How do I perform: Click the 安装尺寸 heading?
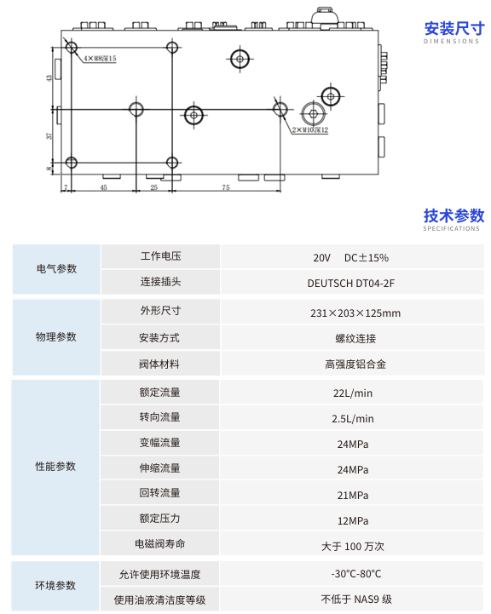pos(454,29)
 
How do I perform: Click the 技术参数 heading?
pos(453,215)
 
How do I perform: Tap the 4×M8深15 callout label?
pos(100,59)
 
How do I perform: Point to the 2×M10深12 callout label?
pos(310,129)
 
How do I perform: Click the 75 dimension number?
pos(226,187)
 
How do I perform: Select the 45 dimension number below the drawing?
pos(103,187)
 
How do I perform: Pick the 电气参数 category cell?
pos(56,269)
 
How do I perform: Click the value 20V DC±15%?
pos(350,258)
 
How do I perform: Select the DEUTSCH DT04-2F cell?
pos(350,283)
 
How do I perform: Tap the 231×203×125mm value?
pos(355,313)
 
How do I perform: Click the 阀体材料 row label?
pos(159,364)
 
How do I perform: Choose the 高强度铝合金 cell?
pos(355,364)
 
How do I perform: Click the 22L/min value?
pos(353,393)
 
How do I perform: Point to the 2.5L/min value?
pos(353,419)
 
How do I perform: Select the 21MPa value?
pos(353,496)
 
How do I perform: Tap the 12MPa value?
pos(353,521)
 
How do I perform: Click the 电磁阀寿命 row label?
pos(159,544)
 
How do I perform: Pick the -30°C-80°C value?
pos(355,574)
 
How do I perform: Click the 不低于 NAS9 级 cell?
pos(356,600)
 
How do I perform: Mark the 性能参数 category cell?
pos(55,467)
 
